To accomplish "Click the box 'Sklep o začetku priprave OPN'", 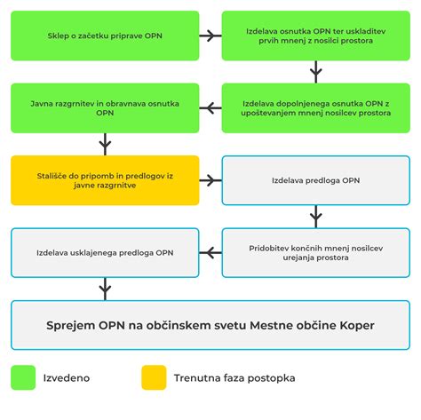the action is pos(105,36).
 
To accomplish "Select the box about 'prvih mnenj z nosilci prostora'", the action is pos(316,36).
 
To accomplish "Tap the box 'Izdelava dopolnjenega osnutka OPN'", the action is pos(316,108).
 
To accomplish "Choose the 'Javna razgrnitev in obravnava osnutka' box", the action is pos(105,108).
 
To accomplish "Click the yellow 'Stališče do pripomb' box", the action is pos(105,180).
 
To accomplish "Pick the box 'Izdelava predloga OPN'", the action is pos(316,180).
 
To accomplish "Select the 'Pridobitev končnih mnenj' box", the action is pos(316,253).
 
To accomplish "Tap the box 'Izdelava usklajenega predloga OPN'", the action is pos(105,253).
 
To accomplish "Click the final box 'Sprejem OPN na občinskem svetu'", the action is pos(210,325).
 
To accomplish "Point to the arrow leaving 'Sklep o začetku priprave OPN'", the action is pos(210,36).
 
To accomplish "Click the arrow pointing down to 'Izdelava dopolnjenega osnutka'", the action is pos(316,72).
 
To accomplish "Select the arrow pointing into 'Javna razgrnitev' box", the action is pos(210,108).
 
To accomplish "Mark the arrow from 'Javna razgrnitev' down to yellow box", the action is pos(105,144).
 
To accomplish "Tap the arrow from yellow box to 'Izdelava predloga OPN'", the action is pos(210,180).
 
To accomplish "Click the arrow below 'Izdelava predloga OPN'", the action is pos(316,217).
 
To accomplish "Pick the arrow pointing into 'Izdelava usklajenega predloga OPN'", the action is pos(210,253).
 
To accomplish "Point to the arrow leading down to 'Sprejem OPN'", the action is pos(105,289).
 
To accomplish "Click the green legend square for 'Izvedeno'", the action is pos(23,377).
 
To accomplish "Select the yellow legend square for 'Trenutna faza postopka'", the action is pos(154,377).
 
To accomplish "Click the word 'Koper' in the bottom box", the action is pos(357,326).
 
